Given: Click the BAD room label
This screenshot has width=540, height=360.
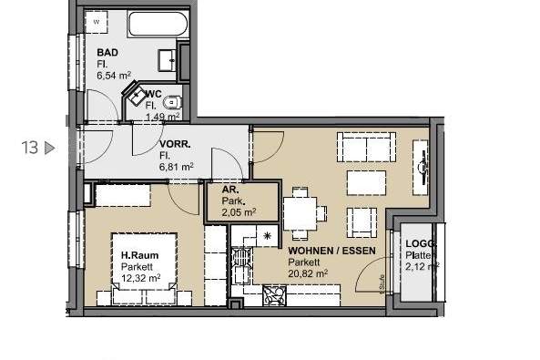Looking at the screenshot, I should pos(107,52).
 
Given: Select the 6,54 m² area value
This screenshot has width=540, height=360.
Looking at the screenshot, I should pos(116,76).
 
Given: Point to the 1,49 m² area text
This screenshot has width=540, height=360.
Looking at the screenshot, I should pos(160,117).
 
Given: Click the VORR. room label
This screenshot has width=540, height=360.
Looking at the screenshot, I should pos(175,144).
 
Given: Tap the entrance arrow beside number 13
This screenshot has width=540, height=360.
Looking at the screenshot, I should pos(50,147).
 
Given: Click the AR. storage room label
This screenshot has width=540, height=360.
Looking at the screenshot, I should pos(228,191).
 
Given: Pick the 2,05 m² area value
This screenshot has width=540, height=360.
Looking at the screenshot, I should pos(239,212).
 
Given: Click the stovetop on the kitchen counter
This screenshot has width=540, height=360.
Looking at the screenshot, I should pos(274,294).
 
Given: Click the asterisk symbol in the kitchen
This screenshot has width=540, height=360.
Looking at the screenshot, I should pos(267,236).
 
